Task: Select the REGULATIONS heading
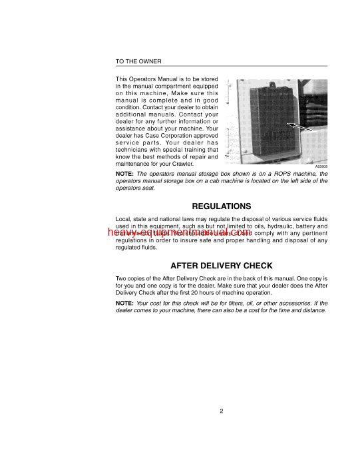click(x=222, y=206)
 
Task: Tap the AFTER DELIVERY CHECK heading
click(x=222, y=265)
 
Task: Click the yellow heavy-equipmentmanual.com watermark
click(x=176, y=232)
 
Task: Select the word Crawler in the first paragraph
click(x=201, y=164)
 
